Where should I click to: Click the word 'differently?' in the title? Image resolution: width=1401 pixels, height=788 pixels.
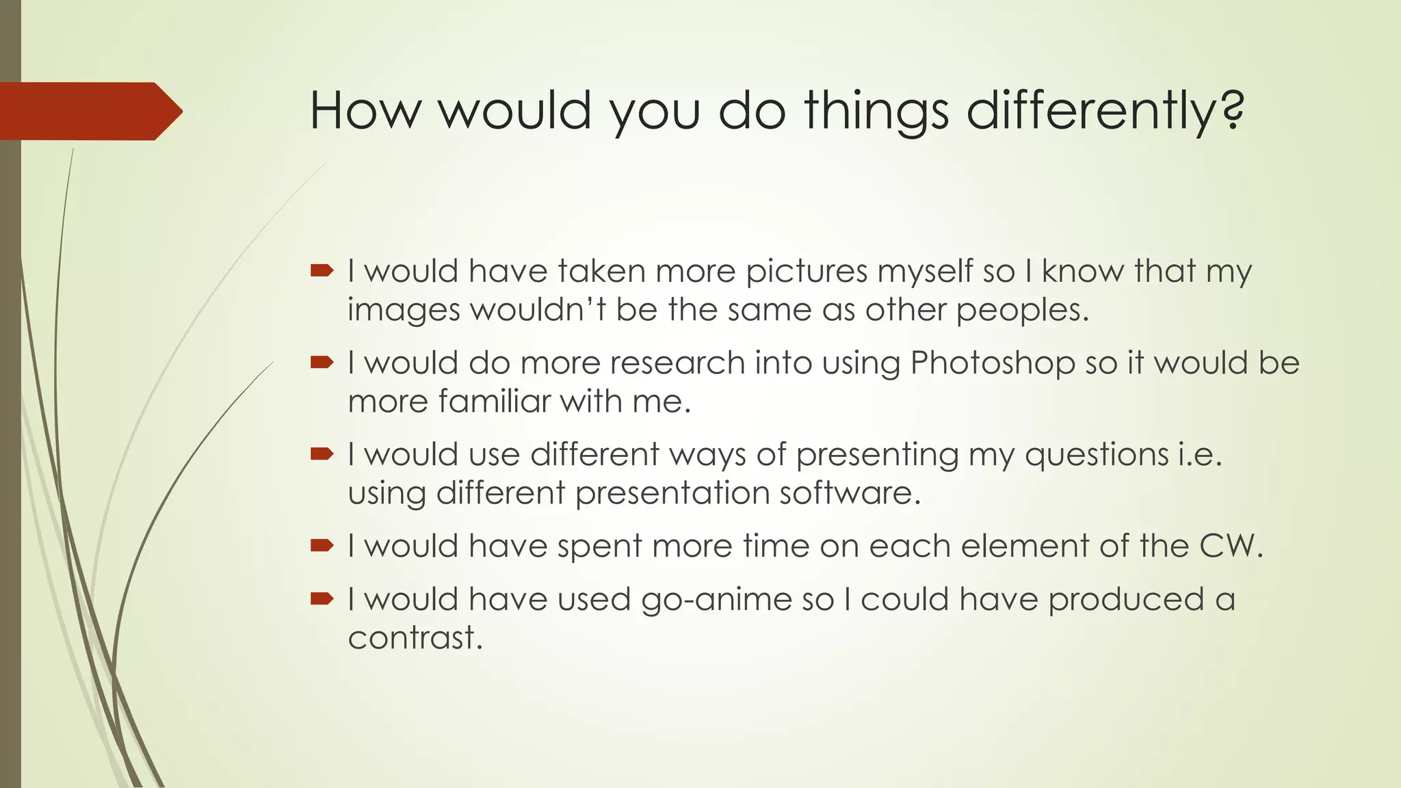(1105, 111)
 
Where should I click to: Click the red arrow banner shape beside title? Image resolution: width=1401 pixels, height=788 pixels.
(89, 111)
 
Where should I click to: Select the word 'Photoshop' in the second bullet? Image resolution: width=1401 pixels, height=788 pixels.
(993, 363)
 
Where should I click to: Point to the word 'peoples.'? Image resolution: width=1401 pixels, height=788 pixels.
(1022, 311)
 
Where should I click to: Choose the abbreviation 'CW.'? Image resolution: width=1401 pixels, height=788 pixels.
(1231, 546)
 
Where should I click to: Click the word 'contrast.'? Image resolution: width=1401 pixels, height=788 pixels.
(415, 638)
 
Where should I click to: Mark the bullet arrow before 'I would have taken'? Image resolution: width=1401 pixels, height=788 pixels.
(322, 271)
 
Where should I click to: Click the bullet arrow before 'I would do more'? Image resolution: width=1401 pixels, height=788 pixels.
(322, 363)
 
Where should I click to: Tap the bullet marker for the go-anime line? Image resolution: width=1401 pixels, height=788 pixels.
(322, 599)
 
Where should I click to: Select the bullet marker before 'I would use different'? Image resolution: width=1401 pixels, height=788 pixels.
(322, 454)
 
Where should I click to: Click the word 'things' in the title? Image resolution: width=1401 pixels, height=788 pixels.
(876, 111)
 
